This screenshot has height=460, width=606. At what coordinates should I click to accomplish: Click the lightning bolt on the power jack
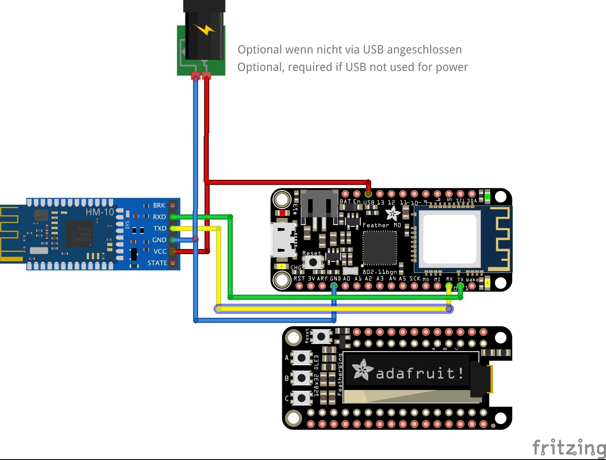click(205, 29)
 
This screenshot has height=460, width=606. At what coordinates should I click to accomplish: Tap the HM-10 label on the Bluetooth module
click(100, 212)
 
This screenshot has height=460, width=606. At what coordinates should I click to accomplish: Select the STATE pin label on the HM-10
click(157, 263)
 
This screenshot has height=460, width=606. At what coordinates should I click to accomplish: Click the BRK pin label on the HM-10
click(159, 205)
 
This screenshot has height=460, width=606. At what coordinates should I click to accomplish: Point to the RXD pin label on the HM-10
click(159, 217)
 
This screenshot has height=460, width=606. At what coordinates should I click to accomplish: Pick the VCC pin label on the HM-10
click(160, 252)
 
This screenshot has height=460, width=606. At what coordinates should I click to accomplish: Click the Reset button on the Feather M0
click(313, 262)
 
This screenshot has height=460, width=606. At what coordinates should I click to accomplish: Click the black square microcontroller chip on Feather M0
click(379, 248)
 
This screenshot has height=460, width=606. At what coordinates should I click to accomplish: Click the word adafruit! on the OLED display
click(419, 374)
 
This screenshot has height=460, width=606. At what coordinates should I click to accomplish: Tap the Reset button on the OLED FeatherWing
click(322, 337)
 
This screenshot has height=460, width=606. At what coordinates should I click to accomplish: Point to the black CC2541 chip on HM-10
click(79, 233)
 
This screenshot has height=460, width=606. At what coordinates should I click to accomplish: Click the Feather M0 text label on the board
click(382, 225)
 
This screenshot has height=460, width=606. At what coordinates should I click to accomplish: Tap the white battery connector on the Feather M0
click(319, 207)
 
